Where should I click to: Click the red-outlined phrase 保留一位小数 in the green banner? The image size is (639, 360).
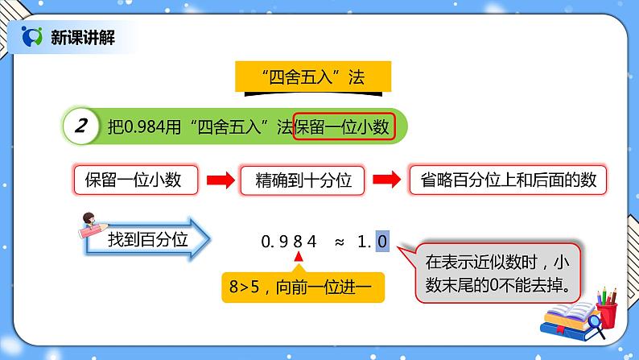344,126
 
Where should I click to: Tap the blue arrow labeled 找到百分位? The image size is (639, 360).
150,239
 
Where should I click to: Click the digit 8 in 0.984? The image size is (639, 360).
299,240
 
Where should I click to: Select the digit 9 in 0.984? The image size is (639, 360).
284,240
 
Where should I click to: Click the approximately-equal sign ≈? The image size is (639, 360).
339,240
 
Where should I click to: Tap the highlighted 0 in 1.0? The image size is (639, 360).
382,240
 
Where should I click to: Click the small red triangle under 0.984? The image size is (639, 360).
299,258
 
